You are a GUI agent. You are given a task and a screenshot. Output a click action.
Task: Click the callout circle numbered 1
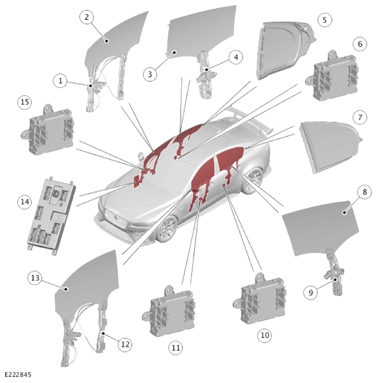click(60, 81)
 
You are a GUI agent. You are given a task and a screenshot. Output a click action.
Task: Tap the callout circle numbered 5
click(325, 20)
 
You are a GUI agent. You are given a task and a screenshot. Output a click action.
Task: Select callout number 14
click(25, 202)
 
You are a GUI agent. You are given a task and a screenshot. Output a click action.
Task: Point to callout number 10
click(265, 335)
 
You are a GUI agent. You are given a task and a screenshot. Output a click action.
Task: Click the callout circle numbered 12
click(125, 345)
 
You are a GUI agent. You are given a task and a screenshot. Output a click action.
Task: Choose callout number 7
click(360, 117)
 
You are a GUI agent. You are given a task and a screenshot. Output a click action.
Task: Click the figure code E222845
click(18, 375)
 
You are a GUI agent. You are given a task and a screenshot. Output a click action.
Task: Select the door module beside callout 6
click(332, 76)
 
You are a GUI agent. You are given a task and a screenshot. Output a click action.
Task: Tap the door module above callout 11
click(169, 311)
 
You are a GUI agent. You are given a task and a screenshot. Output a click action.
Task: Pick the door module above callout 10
click(259, 299)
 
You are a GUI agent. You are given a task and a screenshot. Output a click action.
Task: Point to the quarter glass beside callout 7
click(330, 147)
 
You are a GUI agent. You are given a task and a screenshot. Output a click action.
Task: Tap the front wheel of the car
click(167, 229)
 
